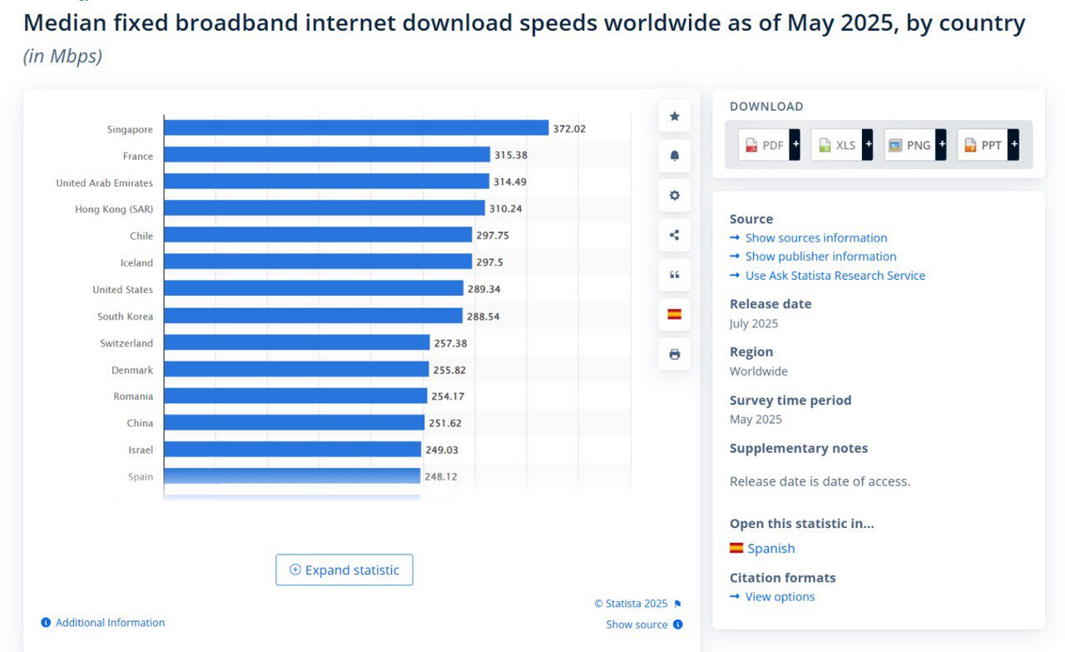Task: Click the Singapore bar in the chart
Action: [356, 128]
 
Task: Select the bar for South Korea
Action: [313, 316]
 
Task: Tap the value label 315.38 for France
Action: [511, 155]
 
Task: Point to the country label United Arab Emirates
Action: [105, 182]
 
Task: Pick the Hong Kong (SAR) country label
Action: [114, 209]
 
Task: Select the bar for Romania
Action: [295, 396]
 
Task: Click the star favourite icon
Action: [674, 116]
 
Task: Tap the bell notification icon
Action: [674, 156]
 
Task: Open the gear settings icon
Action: [674, 195]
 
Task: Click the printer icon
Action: [674, 354]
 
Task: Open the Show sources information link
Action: [815, 238]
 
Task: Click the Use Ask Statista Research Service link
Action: [835, 276]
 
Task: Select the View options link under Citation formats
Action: [780, 597]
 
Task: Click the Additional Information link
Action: [110, 623]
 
